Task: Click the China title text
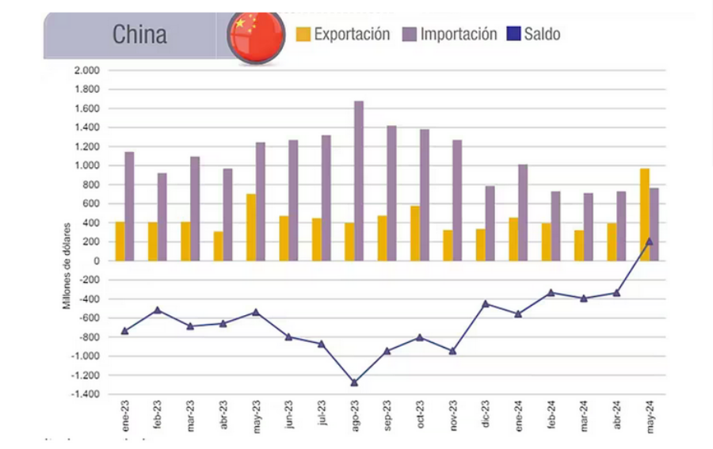pos(139,34)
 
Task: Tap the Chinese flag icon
pos(256,36)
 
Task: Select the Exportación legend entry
pos(343,34)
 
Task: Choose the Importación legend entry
pos(450,34)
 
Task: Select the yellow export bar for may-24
pos(645,214)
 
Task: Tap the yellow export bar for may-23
pos(251,227)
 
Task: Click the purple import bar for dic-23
pos(490,223)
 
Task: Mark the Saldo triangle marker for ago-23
pos(354,382)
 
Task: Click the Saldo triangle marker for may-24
pos(649,242)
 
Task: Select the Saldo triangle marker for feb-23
pos(158,310)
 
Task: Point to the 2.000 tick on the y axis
pos(86,70)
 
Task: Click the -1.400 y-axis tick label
pos(85,394)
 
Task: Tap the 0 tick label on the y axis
pos(96,261)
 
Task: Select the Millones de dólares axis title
pos(67,265)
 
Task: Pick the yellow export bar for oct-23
pos(414,233)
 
